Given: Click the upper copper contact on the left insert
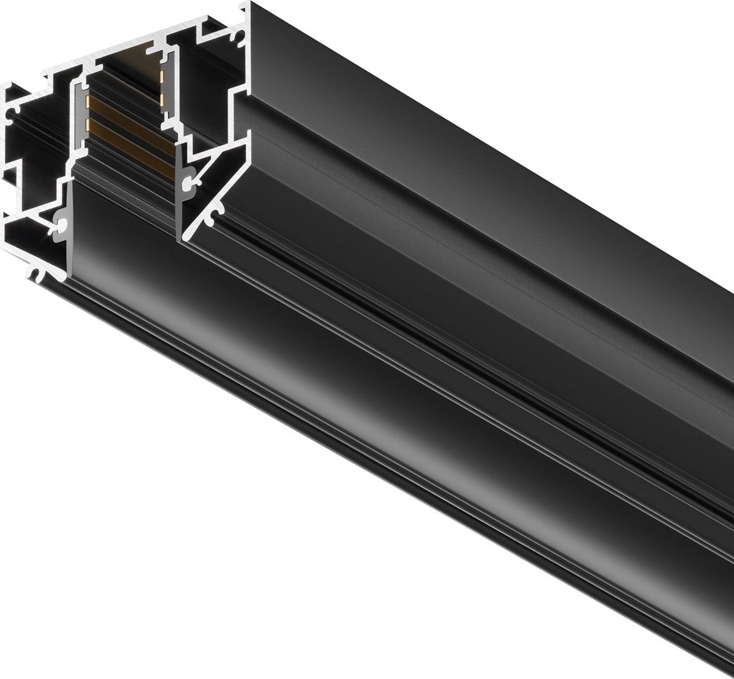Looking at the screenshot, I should tap(88, 99).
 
